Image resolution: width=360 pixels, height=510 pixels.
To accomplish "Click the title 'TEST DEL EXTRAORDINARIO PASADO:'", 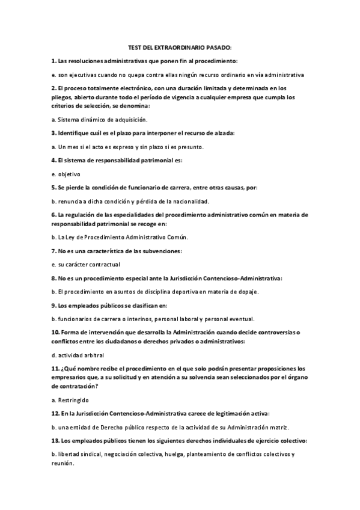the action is [180, 47].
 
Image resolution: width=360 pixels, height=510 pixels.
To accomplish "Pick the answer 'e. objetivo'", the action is [66, 174].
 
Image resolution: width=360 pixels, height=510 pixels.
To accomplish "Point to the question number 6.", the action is [53, 215].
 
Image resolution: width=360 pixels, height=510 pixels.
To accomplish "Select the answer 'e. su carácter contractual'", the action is [87, 263].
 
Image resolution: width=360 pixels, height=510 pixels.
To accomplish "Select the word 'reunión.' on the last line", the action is [62, 464].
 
